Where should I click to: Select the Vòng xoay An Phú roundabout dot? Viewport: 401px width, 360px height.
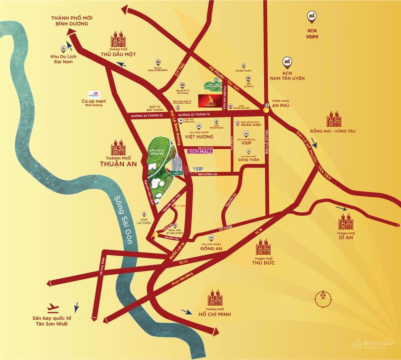point(266,110)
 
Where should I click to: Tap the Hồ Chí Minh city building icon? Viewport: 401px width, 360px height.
point(215,298)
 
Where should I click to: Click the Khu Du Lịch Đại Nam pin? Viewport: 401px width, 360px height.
point(63,49)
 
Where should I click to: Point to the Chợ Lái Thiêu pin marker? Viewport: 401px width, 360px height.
point(144,214)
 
